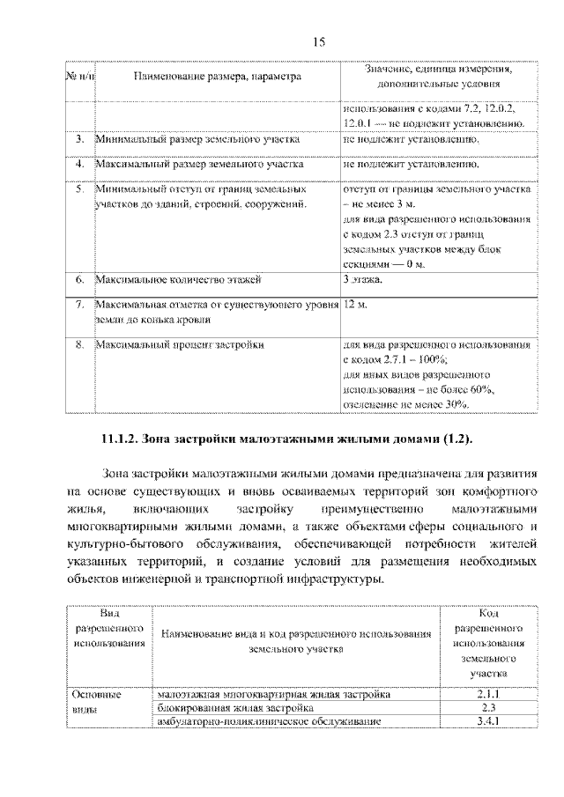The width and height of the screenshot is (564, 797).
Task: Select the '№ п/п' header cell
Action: tap(81, 77)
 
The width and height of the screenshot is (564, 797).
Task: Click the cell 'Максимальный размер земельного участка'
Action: tap(200, 164)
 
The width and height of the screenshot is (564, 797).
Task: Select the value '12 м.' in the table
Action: tap(355, 305)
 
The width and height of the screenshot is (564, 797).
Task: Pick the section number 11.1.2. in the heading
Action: tap(127, 438)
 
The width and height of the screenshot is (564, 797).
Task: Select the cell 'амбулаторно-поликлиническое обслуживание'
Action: tap(269, 722)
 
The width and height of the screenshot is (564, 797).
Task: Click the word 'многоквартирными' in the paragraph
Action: tap(122, 527)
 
